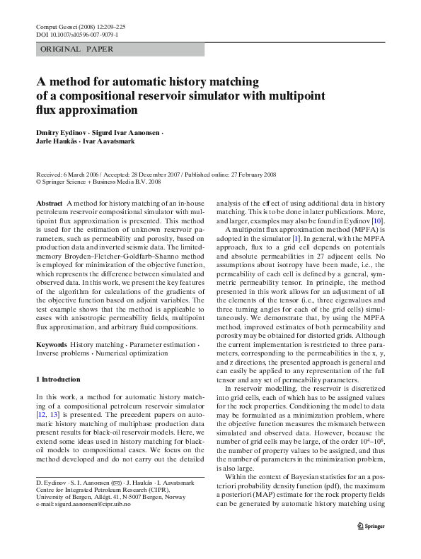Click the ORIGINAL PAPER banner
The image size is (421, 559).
pyautogui.click(x=73, y=49)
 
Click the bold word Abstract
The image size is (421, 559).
pyautogui.click(x=49, y=203)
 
